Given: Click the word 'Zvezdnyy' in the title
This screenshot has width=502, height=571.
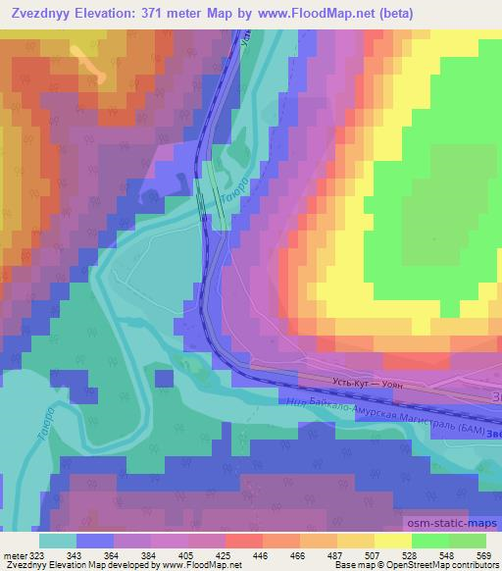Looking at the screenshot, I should (x=40, y=13).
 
